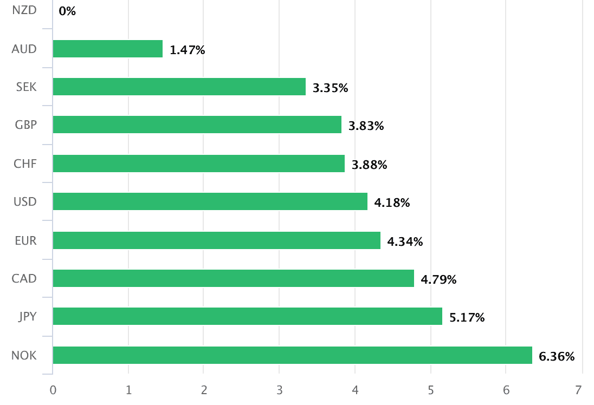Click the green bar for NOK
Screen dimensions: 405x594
(x=293, y=355)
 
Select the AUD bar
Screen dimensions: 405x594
(x=108, y=49)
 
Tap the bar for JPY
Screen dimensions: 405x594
(x=248, y=317)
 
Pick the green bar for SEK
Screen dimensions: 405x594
(x=179, y=87)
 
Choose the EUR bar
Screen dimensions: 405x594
(x=217, y=240)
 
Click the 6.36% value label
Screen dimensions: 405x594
(x=557, y=356)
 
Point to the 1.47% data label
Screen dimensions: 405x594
(x=188, y=50)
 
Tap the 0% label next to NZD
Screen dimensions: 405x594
(x=67, y=11)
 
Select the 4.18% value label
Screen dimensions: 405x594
(x=392, y=203)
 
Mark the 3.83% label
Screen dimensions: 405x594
(x=366, y=126)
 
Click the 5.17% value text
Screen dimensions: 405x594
(x=467, y=318)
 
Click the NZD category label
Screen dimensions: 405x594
(x=24, y=10)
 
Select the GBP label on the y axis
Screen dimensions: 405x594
(x=25, y=125)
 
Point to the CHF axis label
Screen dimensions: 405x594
(x=25, y=164)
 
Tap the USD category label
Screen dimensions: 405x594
(x=25, y=202)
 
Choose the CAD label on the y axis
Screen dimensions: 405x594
(x=24, y=279)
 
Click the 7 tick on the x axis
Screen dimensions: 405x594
(x=578, y=390)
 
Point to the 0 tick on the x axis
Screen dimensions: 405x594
(x=53, y=390)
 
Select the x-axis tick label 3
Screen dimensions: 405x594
(x=279, y=390)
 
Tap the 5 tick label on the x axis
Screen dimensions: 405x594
(x=430, y=390)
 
